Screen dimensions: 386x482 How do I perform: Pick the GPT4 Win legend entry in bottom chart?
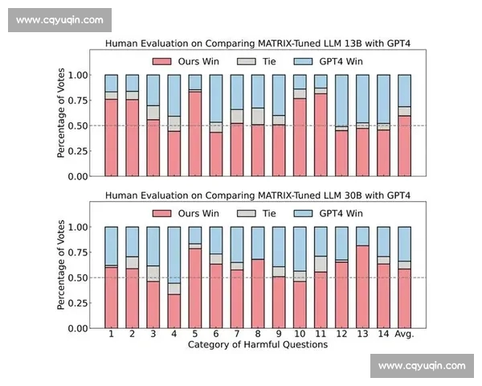coord(329,213)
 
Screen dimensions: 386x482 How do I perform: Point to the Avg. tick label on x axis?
coord(405,334)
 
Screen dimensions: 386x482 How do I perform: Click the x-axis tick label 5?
coord(194,334)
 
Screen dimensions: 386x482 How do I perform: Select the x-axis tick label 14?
coord(383,334)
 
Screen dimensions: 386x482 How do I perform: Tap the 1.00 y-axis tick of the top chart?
coord(77,76)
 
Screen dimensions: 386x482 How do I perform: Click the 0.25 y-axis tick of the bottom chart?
coord(77,303)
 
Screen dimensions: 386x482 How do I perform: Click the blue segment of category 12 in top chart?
coord(341,101)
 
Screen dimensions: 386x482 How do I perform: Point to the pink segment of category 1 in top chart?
coord(111,138)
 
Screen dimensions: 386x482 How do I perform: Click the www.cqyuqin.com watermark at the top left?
coord(59,19)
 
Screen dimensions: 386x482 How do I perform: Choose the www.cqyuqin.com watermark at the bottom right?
coord(421,366)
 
